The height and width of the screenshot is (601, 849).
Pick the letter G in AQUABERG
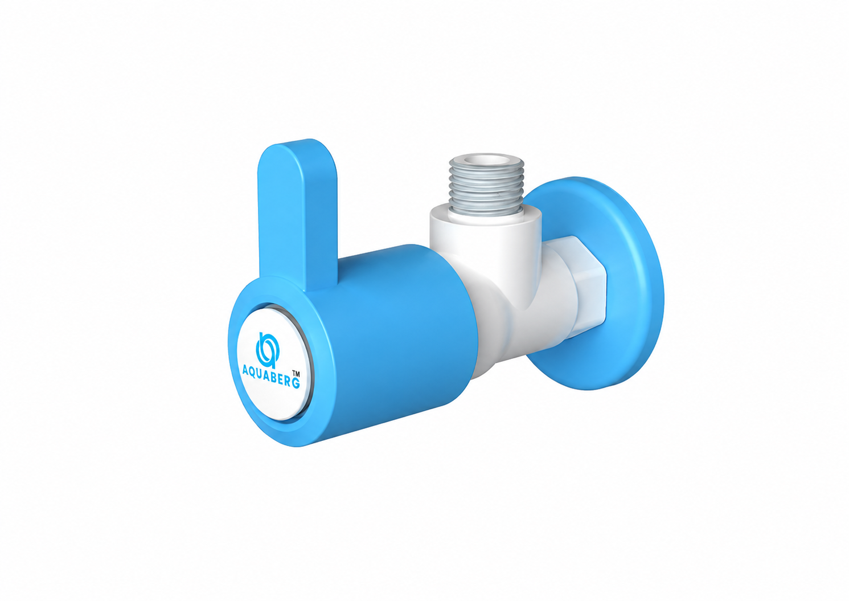(296, 383)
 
